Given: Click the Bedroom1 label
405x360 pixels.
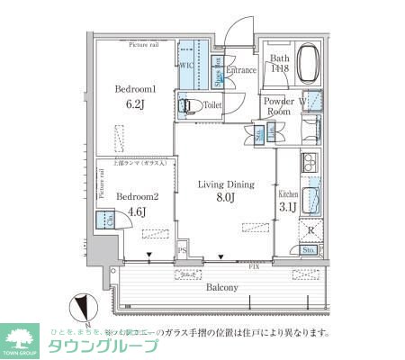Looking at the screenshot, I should click(x=136, y=90).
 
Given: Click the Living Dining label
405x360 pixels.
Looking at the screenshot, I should click(x=226, y=184).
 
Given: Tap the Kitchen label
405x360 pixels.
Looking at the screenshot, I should click(x=287, y=194).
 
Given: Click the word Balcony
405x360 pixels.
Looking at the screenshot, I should click(x=219, y=288).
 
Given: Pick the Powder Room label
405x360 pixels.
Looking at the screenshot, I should click(x=280, y=107).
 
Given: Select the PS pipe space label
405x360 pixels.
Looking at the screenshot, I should click(x=181, y=251).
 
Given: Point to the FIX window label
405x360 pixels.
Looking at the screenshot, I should click(x=255, y=267).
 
